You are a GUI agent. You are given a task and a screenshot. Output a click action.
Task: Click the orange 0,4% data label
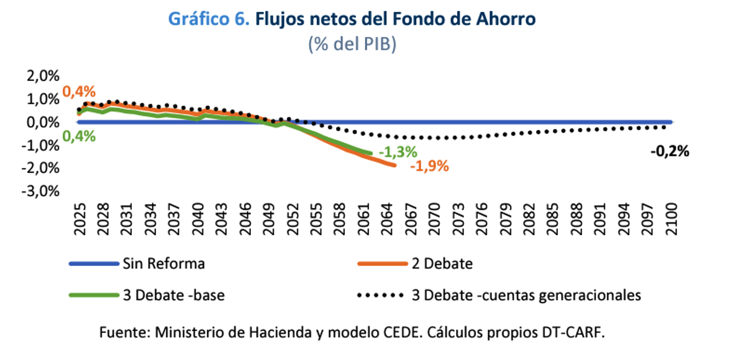(x=78, y=92)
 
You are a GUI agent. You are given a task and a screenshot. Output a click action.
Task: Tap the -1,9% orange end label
(x=429, y=166)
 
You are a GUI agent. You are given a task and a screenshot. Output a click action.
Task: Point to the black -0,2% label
(x=669, y=152)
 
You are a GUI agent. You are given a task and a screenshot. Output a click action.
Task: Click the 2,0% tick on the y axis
(x=41, y=76)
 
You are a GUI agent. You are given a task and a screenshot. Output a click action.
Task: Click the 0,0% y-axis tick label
(x=41, y=122)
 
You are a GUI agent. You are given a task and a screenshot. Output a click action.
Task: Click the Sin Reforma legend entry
(x=164, y=264)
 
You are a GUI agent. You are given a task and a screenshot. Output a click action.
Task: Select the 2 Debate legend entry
(x=442, y=264)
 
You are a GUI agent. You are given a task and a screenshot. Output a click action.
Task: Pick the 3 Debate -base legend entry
(x=173, y=295)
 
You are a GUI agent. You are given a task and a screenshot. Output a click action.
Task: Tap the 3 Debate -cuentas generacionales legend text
(x=526, y=295)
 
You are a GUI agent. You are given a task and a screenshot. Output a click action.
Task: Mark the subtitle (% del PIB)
(x=352, y=45)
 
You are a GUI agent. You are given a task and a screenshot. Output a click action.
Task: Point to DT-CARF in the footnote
(x=577, y=332)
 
